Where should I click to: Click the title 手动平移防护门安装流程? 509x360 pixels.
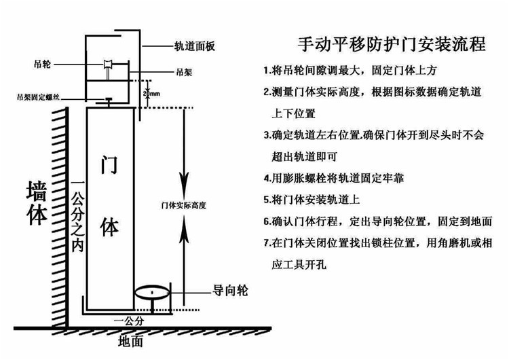coord(392,45)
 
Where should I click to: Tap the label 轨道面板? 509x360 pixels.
coord(195,47)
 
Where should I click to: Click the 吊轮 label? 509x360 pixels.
coord(41,64)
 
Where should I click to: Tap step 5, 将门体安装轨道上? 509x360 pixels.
coord(312,200)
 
